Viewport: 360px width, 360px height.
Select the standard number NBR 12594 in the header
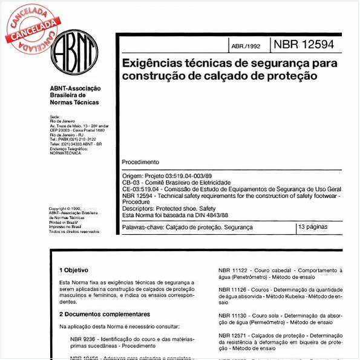tap(303, 44)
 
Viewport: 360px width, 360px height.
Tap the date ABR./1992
tap(246, 46)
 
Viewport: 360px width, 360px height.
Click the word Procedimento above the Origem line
tap(140, 162)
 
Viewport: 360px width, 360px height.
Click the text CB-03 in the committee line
tap(131, 182)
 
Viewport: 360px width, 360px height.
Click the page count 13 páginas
tap(313, 227)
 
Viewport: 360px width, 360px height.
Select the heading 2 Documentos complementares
tap(104, 314)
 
